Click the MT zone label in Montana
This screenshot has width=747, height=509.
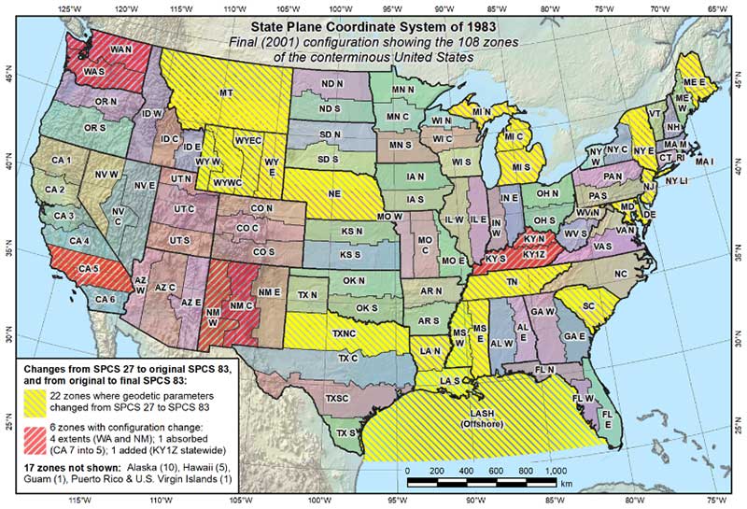point(226,94)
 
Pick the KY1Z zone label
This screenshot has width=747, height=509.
point(533,254)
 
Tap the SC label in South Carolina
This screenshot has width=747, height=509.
point(588,305)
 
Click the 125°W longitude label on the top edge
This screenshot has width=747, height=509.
point(67,7)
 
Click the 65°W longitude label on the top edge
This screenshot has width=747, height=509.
point(716,7)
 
